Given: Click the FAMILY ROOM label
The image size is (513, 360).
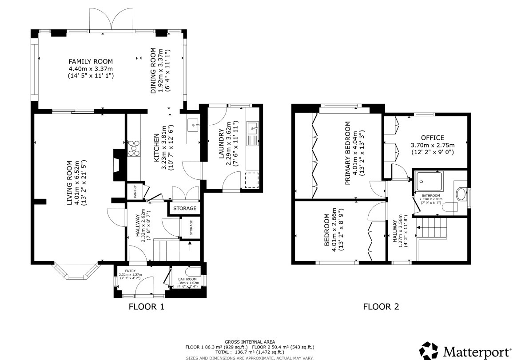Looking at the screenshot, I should pyautogui.click(x=91, y=61).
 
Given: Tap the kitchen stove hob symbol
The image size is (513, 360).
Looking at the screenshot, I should pyautogui.click(x=134, y=149).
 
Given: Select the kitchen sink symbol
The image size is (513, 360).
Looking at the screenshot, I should pyautogui.click(x=194, y=126).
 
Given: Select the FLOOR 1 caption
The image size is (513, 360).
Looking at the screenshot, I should pyautogui.click(x=146, y=306).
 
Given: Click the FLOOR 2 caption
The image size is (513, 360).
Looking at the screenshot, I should pyautogui.click(x=381, y=306).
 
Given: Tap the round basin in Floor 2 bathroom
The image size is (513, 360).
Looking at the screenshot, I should pyautogui.click(x=461, y=194).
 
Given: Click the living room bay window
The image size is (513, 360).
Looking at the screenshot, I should pyautogui.click(x=76, y=271).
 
